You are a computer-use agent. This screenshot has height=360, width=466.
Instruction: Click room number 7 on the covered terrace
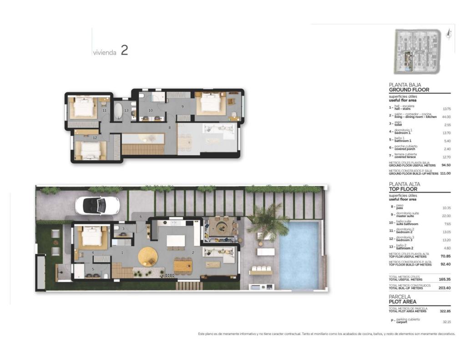[213, 229]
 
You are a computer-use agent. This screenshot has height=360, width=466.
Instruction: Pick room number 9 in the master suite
[182, 106]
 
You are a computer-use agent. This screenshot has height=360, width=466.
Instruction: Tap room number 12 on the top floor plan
[95, 137]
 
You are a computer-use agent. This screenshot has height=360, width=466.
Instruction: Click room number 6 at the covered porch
[141, 216]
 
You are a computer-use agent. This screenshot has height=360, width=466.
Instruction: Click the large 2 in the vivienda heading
[124, 51]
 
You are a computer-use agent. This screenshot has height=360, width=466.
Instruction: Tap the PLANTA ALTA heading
[405, 184]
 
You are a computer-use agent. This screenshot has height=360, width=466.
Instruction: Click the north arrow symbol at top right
[449, 33]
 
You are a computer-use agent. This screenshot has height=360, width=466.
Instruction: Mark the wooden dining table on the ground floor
[183, 265]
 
